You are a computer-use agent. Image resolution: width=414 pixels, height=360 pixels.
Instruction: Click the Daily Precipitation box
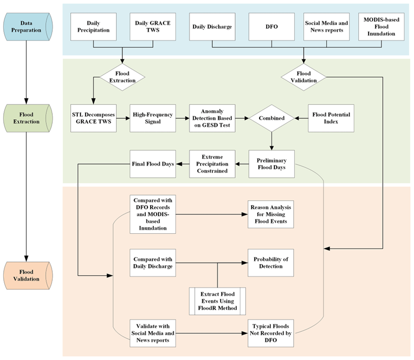[x=94, y=27]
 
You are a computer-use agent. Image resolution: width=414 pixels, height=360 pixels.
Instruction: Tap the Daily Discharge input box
[x=212, y=27]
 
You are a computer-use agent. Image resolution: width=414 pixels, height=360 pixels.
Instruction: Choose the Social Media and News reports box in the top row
[x=327, y=27]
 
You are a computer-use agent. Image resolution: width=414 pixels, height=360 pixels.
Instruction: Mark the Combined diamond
[x=272, y=118]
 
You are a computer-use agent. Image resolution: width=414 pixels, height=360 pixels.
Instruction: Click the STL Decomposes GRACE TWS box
[x=94, y=118]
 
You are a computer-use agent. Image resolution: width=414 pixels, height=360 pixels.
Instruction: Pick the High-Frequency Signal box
[x=153, y=118]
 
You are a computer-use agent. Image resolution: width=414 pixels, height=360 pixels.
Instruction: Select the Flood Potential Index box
[x=330, y=118]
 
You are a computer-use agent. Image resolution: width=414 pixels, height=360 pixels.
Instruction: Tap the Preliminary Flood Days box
[x=272, y=163]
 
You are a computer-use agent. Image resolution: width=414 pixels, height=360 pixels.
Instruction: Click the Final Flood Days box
[x=153, y=163]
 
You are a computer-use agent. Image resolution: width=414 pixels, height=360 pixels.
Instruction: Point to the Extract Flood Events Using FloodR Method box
[x=218, y=302]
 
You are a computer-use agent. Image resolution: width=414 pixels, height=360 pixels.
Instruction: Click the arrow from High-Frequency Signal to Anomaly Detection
[x=182, y=118]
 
